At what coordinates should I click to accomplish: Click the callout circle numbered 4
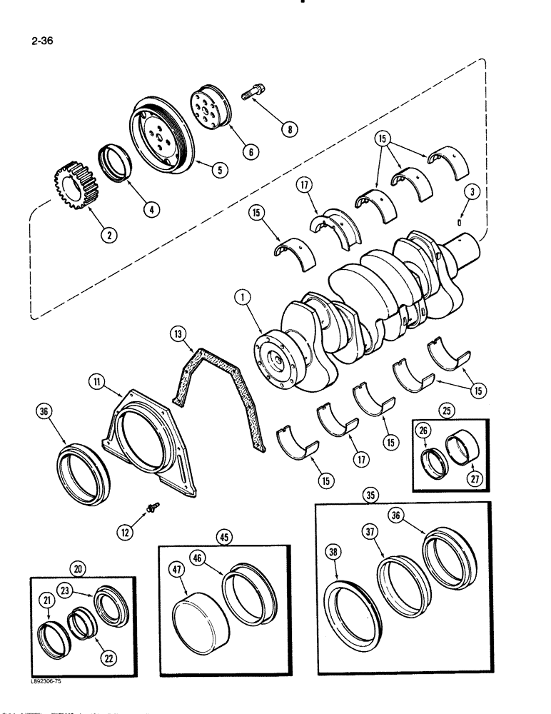tap(151, 209)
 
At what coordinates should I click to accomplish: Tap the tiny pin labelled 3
tap(460, 220)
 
